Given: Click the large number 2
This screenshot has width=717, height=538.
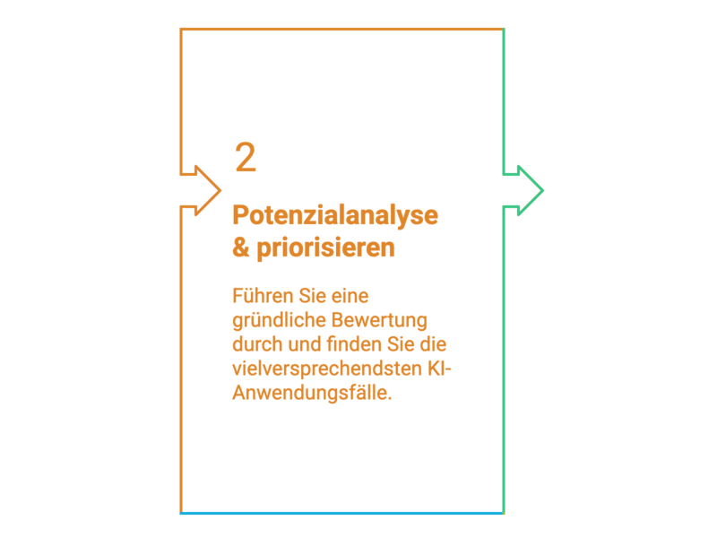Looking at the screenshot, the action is pyautogui.click(x=246, y=158).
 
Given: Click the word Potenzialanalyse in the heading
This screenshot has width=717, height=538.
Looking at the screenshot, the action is pyautogui.click(x=335, y=215).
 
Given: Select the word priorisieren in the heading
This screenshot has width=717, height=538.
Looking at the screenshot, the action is pyautogui.click(x=325, y=248).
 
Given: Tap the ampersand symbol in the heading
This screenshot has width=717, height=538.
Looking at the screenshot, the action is pyautogui.click(x=241, y=247).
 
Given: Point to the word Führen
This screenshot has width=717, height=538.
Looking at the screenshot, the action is pyautogui.click(x=263, y=296).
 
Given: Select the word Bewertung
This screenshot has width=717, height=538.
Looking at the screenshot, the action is pyautogui.click(x=379, y=320).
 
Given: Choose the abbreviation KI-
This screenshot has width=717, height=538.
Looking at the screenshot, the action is pyautogui.click(x=439, y=369).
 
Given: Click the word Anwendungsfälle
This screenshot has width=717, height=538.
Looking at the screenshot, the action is pyautogui.click(x=312, y=393).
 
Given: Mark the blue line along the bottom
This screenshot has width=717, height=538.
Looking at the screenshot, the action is pyautogui.click(x=342, y=513).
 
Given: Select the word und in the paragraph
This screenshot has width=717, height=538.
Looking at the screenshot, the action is pyautogui.click(x=305, y=344).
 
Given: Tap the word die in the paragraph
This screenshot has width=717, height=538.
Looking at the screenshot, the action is pyautogui.click(x=433, y=344).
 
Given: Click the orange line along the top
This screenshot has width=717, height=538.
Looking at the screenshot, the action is pyautogui.click(x=342, y=30).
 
